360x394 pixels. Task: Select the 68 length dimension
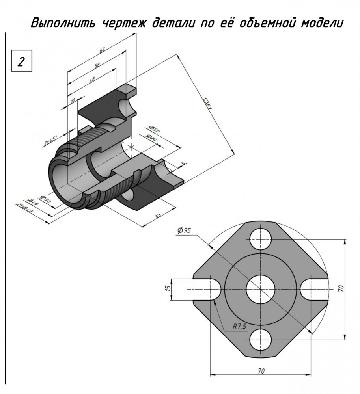point(102,50)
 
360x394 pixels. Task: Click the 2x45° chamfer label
point(50,141)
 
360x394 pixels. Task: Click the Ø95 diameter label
point(185,231)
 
